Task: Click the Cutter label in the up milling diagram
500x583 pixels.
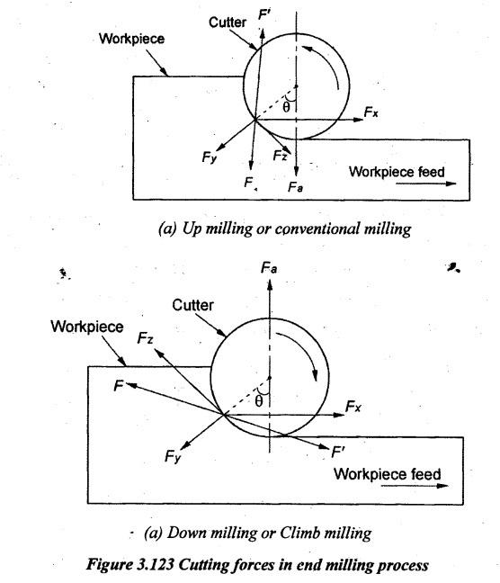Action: tap(228, 22)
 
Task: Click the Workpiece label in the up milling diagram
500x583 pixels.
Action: tap(131, 39)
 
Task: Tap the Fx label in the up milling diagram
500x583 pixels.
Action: tap(371, 112)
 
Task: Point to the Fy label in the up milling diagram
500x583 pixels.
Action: tap(209, 157)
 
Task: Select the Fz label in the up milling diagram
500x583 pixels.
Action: tap(280, 155)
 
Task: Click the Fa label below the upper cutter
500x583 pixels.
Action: tap(295, 186)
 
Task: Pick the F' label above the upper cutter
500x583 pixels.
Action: tap(264, 15)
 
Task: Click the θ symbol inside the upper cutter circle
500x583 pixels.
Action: tap(286, 107)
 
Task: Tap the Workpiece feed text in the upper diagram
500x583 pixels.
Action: tap(397, 172)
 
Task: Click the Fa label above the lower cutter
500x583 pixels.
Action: tap(269, 268)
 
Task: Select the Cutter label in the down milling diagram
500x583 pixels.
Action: tap(192, 305)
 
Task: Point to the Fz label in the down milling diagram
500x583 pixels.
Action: tap(145, 338)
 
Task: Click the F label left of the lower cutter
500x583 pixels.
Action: tap(118, 386)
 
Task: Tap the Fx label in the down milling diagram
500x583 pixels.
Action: tap(353, 407)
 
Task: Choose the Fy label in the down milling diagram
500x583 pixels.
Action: tap(173, 456)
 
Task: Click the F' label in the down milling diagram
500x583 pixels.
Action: tap(338, 453)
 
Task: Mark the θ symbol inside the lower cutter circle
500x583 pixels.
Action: tap(259, 401)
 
